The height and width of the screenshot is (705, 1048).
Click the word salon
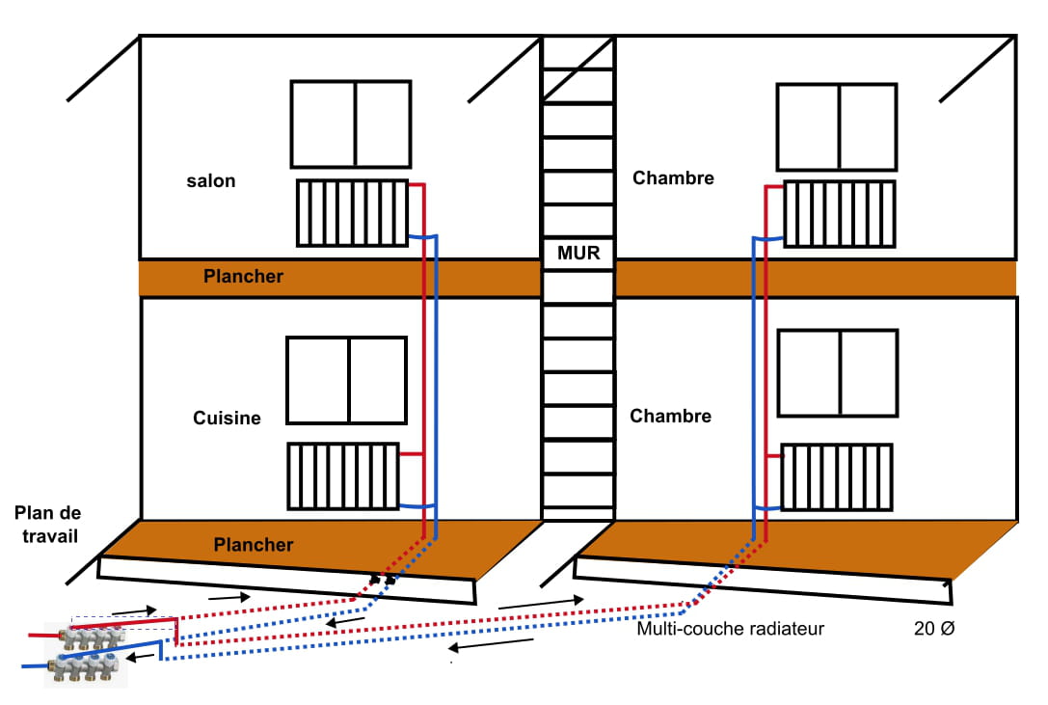211,181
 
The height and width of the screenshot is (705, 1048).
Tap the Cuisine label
227,418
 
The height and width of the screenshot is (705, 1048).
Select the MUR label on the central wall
578,254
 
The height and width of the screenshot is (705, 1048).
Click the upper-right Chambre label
673,178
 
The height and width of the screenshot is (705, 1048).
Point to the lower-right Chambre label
670,416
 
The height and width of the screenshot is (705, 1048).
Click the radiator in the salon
352,212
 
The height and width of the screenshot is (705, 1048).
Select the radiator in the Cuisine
342,475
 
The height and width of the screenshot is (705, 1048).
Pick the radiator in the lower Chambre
836,475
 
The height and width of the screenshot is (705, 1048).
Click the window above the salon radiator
351,122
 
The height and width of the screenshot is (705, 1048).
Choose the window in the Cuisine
346,380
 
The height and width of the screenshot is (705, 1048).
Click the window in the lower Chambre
837,372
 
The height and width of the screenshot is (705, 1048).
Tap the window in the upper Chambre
837,124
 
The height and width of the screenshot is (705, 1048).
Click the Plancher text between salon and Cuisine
243,277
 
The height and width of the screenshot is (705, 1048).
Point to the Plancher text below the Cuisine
253,545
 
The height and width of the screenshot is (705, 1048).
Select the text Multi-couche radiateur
730,630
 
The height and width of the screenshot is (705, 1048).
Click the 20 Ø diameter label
933,630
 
